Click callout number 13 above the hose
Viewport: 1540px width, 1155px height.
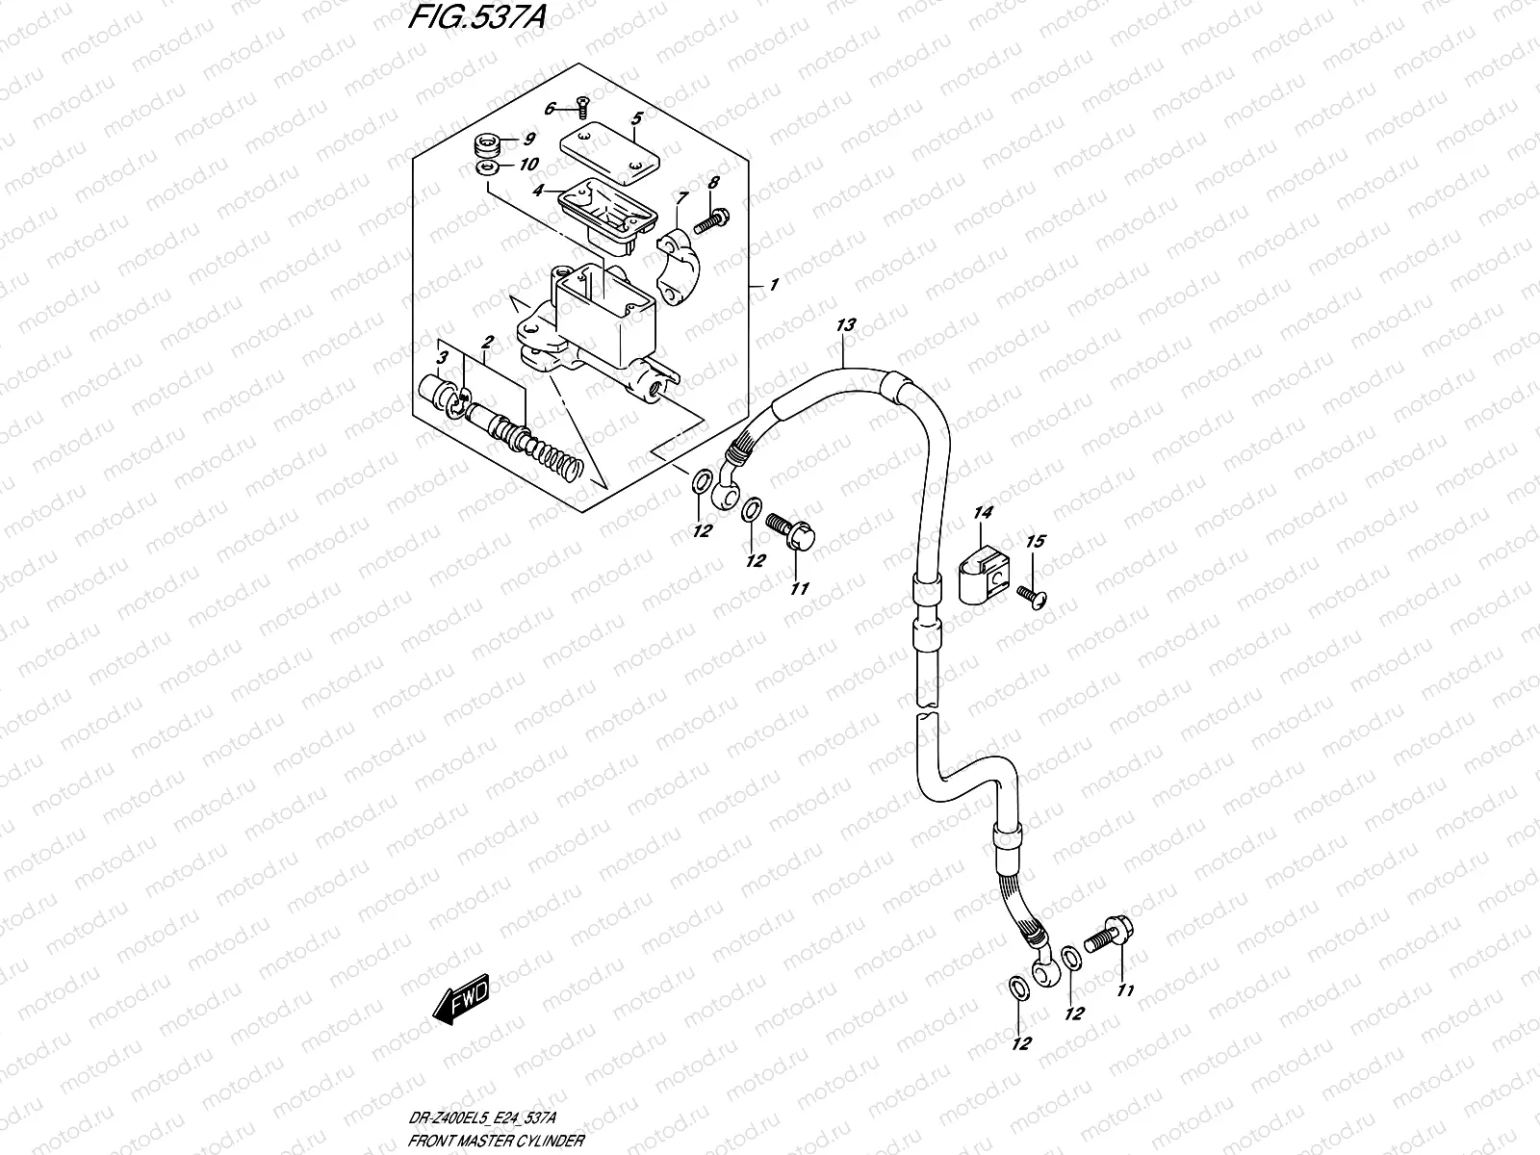click(844, 326)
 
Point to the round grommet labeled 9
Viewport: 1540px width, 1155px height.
click(487, 149)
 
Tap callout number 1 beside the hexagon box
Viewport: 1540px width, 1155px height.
click(773, 286)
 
